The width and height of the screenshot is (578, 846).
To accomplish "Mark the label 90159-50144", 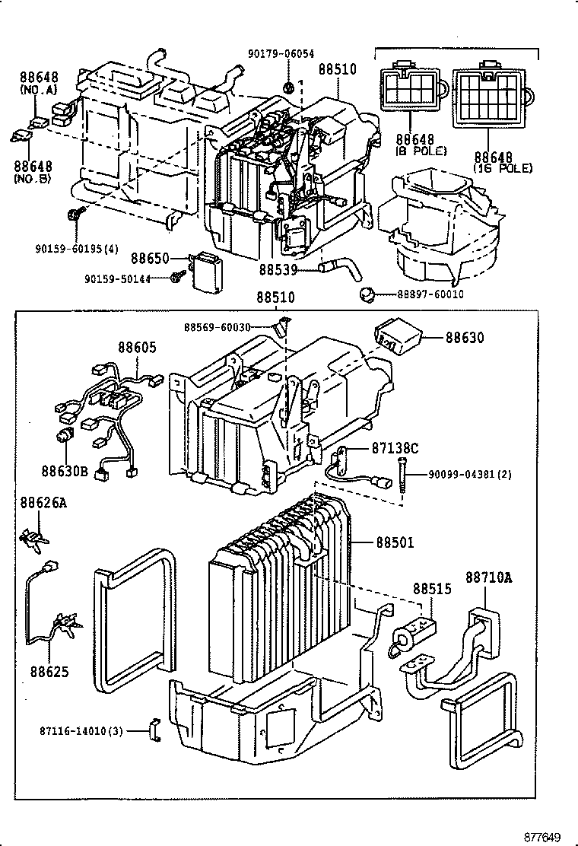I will tap(116, 279).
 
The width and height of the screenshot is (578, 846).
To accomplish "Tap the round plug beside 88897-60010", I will tap(367, 294).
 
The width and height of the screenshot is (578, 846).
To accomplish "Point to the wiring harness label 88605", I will tap(137, 347).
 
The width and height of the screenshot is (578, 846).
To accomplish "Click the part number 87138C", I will tap(395, 448).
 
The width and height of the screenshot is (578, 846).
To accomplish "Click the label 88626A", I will tap(43, 502).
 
